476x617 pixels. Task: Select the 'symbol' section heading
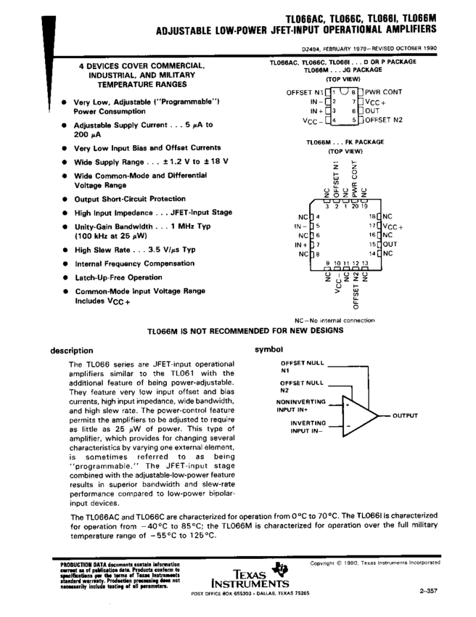click(x=268, y=349)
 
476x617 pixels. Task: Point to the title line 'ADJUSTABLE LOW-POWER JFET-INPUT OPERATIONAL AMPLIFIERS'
click(x=296, y=30)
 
